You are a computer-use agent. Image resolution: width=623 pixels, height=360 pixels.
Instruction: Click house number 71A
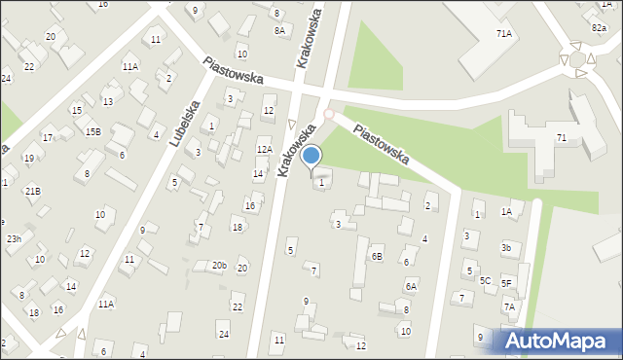503,34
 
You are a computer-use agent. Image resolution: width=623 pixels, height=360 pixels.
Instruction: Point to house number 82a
598,29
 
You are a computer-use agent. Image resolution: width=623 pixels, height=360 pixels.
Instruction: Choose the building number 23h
14,238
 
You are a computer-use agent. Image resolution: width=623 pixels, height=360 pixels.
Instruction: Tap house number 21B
32,191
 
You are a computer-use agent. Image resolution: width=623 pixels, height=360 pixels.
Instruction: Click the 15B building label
92,131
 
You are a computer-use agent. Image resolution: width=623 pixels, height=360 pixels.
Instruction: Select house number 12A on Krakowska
264,148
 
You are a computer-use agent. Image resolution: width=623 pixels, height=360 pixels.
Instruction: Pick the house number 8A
279,31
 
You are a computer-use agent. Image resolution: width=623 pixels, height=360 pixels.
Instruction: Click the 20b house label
220,266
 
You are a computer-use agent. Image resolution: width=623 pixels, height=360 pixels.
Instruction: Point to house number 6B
377,257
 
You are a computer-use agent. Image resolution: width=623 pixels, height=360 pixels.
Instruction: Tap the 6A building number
411,286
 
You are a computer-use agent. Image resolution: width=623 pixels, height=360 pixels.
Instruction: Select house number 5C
485,280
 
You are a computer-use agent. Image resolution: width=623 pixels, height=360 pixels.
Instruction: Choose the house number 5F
506,283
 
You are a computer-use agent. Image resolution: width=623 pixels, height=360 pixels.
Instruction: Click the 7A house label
509,307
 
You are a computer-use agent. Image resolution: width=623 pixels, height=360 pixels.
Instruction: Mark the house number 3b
506,248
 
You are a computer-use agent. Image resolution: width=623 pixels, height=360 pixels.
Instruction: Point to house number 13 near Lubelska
107,101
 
